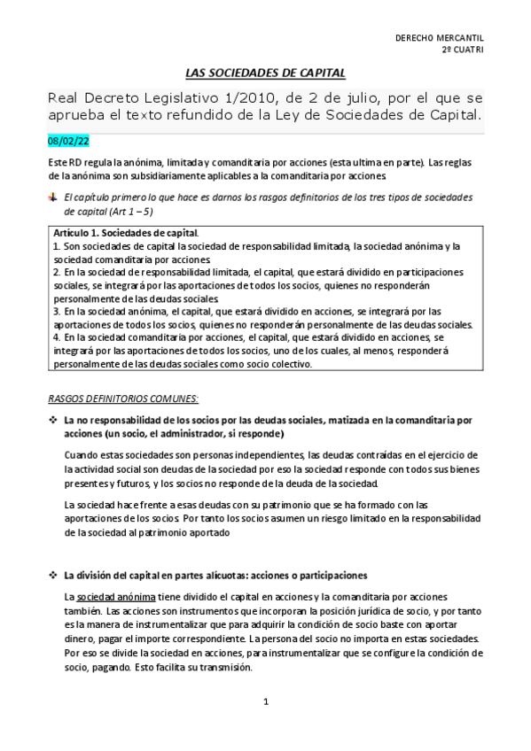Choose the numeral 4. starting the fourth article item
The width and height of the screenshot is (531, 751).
57,337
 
